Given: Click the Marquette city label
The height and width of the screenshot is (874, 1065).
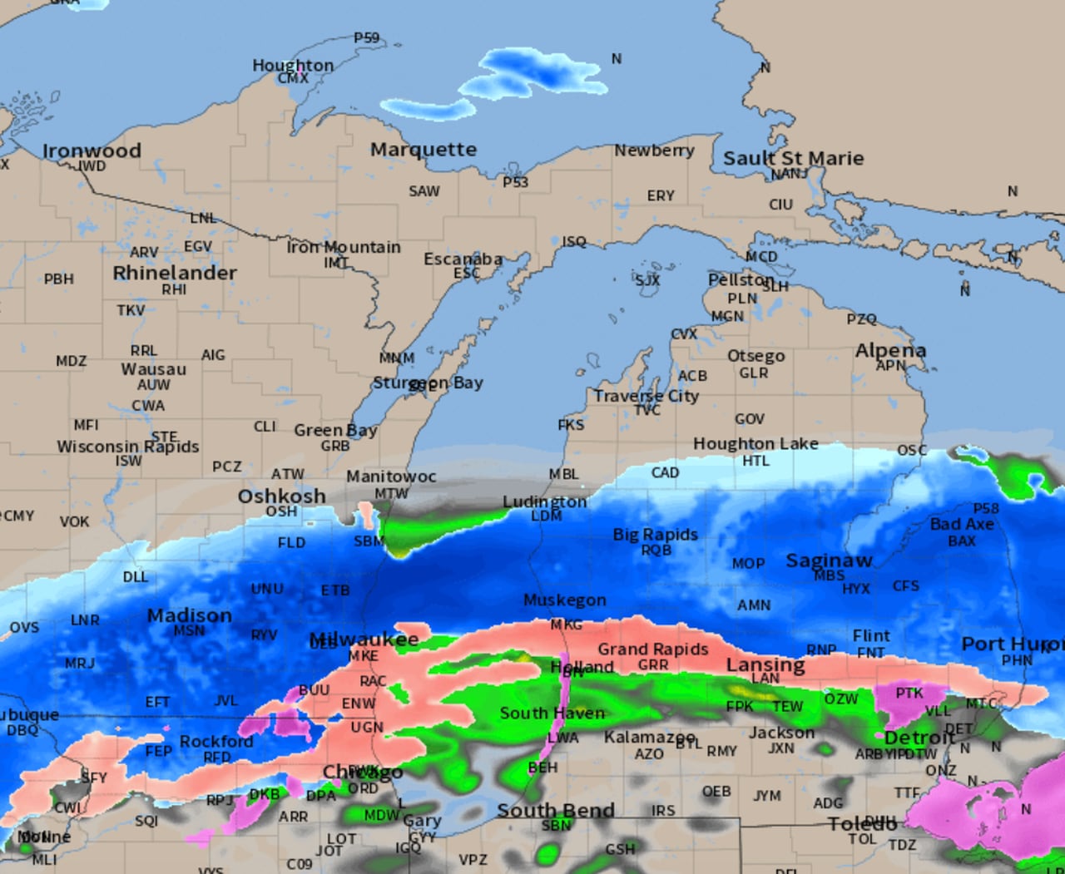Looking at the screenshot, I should (424, 150).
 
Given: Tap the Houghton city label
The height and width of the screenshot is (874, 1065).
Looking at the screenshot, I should (293, 65).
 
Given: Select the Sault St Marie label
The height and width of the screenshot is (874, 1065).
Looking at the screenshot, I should (793, 158).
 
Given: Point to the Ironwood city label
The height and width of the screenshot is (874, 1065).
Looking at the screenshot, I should (92, 151).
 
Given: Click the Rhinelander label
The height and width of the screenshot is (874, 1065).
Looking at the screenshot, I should (175, 273).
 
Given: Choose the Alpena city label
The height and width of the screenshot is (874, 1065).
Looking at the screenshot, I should (890, 350).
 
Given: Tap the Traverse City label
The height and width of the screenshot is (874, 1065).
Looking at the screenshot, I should (646, 396).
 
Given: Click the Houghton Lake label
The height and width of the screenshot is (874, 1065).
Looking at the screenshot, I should (755, 444).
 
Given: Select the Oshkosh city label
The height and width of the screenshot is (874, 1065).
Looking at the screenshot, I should (281, 496).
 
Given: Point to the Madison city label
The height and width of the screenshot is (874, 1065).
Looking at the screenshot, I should (190, 615).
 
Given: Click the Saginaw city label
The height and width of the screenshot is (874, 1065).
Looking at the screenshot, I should (829, 560).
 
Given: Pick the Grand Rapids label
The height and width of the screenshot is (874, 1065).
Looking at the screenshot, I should (653, 649).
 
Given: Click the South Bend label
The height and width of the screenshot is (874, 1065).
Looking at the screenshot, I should (556, 810).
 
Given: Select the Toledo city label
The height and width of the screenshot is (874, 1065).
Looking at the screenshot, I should (862, 823).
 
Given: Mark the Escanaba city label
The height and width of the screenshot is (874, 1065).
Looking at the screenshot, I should (463, 259).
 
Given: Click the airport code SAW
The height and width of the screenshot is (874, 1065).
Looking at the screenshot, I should (424, 191).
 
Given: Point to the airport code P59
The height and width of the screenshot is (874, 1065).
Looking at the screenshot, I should (366, 37).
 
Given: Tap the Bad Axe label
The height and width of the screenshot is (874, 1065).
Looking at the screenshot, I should (962, 524).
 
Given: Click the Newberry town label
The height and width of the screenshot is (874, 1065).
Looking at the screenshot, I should (654, 151).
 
